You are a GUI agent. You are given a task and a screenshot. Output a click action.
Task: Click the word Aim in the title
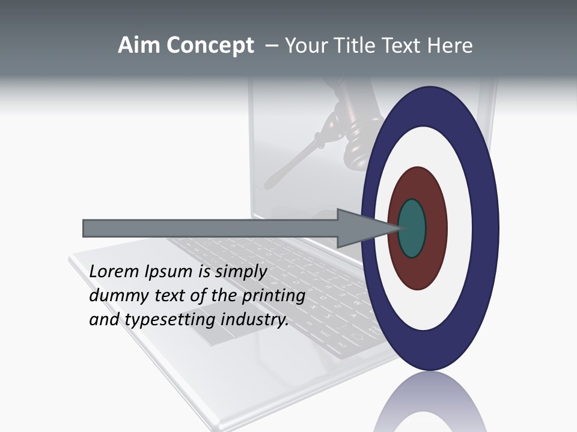coord(139,46)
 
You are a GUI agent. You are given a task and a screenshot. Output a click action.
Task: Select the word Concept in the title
coord(210,46)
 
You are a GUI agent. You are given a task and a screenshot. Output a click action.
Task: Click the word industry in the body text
coord(255,320)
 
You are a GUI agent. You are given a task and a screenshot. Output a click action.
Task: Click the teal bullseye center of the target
coord(412,228)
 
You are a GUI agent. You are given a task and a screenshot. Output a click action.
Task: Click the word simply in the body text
coord(240,272)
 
